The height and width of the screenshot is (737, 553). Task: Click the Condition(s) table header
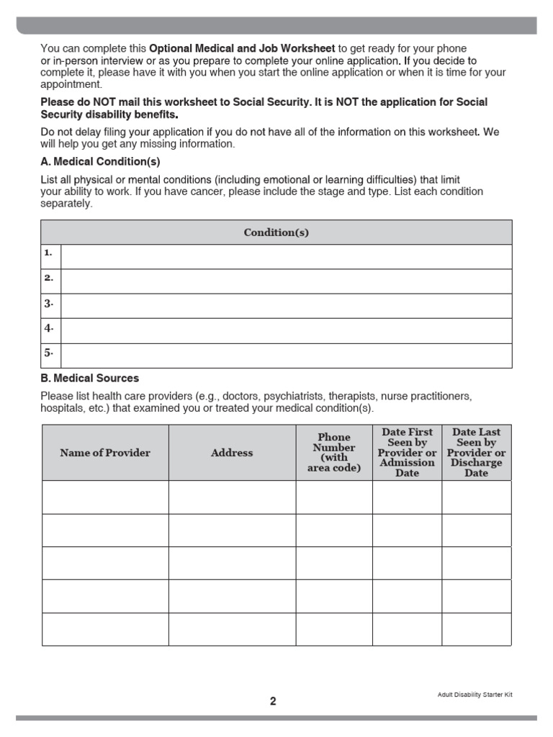(276, 232)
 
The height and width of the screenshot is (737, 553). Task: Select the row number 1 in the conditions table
(49, 253)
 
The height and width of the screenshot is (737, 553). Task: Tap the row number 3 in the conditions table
(49, 303)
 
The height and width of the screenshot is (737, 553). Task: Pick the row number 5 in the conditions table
(49, 353)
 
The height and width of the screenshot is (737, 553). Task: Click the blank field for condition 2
(287, 281)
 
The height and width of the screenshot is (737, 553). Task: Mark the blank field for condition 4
(287, 330)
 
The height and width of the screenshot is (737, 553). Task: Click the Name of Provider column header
(105, 453)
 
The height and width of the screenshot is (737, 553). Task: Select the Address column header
(232, 453)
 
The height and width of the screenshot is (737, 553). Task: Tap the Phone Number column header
(334, 453)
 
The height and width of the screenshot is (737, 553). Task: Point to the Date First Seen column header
(407, 453)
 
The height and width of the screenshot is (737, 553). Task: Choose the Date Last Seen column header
(476, 453)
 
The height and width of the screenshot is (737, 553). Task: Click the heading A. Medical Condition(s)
(100, 161)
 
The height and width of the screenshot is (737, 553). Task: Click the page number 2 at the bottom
(273, 701)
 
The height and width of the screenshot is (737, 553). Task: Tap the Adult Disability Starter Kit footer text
(475, 695)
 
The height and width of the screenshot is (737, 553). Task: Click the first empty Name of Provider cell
(105, 497)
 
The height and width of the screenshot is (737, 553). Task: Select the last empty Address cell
(232, 629)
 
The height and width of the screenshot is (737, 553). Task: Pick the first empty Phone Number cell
(334, 497)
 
